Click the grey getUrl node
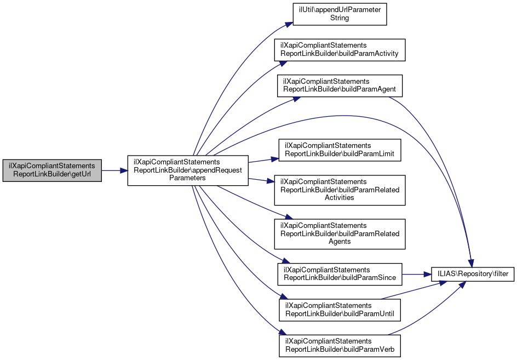click(x=52, y=170)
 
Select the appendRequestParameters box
click(x=188, y=170)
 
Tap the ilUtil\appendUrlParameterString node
click(x=340, y=14)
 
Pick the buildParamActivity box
click(x=340, y=50)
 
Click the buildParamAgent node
click(x=340, y=85)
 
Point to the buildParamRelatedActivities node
click(x=340, y=190)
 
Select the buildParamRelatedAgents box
click(x=340, y=233)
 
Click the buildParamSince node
click(x=340, y=274)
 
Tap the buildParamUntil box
click(x=340, y=310)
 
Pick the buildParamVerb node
click(x=340, y=345)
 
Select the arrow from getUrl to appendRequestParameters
click(x=114, y=170)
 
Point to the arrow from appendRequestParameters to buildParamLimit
click(x=263, y=160)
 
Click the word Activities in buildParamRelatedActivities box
click(x=340, y=197)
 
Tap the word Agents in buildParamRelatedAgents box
click(x=340, y=241)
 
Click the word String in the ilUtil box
click(x=340, y=18)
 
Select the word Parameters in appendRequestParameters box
click(x=188, y=178)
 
